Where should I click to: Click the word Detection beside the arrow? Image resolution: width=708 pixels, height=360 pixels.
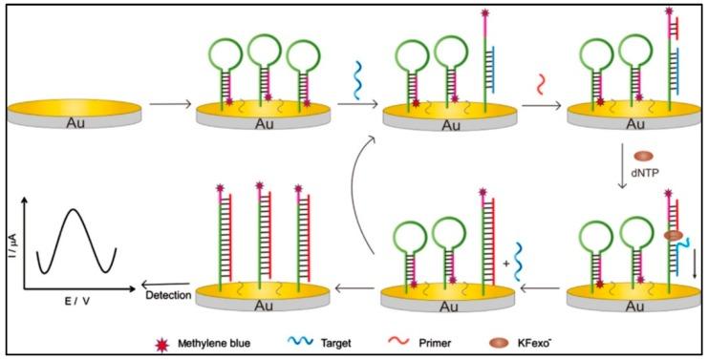coord(168,295)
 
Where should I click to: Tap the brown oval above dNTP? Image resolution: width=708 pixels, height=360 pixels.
coord(643,156)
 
